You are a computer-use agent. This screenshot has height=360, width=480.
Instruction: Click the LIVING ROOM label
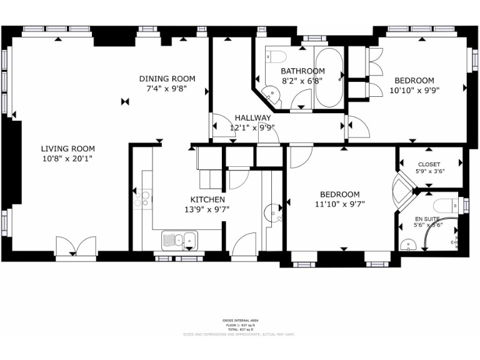[x=68, y=149]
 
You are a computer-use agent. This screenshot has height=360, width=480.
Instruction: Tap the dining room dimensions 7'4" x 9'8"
[x=167, y=89]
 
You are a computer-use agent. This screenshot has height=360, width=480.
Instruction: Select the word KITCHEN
[x=203, y=199]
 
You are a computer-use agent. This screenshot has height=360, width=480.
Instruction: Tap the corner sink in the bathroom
[x=270, y=96]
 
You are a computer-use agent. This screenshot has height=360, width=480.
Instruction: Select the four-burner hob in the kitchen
[x=143, y=199]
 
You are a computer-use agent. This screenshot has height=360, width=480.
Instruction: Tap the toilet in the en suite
[x=448, y=205]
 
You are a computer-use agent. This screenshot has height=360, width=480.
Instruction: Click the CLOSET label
[x=429, y=165]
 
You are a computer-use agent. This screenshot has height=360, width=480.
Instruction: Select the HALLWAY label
[x=252, y=117]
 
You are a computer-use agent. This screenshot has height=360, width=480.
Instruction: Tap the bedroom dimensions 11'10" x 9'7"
[x=339, y=204]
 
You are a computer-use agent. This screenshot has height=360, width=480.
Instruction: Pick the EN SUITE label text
[x=427, y=219]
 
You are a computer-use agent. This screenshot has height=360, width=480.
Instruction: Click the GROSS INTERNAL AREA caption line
[x=241, y=320]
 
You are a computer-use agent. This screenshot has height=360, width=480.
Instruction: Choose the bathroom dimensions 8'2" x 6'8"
[x=302, y=81]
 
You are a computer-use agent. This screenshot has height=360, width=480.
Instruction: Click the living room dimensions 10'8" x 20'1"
[x=68, y=158]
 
